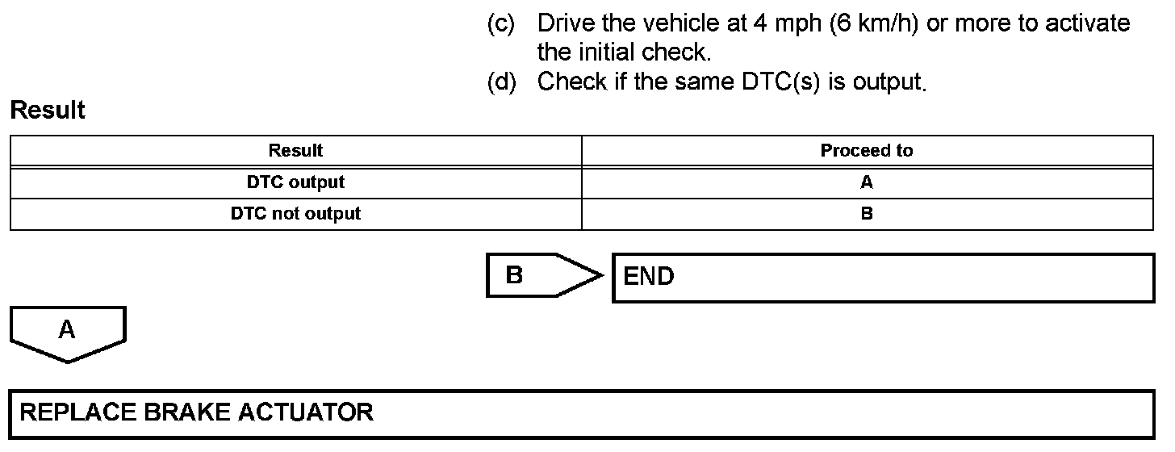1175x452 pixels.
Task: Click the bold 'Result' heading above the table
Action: point(48,111)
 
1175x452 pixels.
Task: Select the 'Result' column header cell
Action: point(295,151)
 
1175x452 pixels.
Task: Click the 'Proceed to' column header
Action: point(867,151)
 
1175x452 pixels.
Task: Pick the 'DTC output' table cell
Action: point(295,182)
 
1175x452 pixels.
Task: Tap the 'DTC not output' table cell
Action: point(295,214)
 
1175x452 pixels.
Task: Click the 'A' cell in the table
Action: point(867,182)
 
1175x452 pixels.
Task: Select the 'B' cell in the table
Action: point(867,214)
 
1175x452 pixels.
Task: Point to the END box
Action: point(883,278)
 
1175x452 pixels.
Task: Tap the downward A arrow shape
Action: point(68,333)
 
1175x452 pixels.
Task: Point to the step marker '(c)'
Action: point(501,24)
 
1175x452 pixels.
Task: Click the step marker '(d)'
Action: point(501,82)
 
